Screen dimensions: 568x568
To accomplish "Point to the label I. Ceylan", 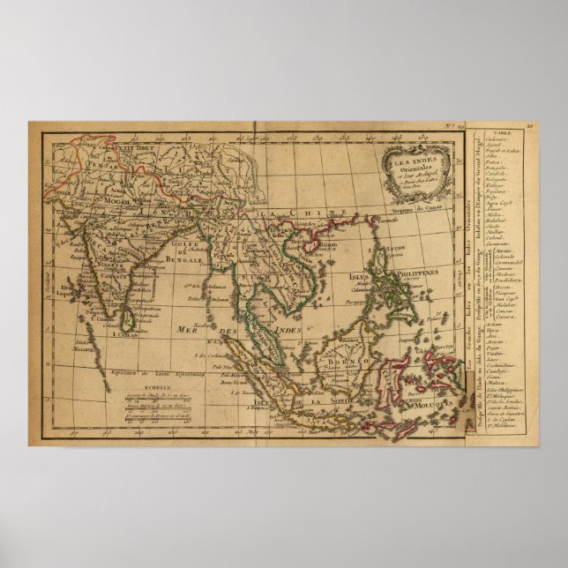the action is [x=122, y=335].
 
